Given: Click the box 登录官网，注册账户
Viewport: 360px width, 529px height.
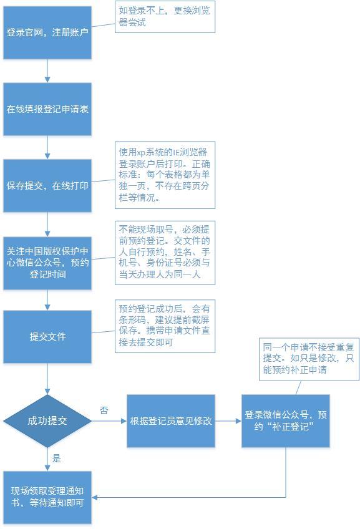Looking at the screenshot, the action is (x=47, y=32).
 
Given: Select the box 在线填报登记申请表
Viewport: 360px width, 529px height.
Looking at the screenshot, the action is (x=47, y=109).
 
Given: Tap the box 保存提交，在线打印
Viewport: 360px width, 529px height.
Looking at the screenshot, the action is (x=47, y=185).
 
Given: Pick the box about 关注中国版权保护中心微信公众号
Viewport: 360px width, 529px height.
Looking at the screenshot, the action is (x=47, y=263).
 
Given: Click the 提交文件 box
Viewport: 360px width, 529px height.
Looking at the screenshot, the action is (x=47, y=337).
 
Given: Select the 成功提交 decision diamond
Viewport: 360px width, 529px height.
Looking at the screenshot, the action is (x=47, y=421).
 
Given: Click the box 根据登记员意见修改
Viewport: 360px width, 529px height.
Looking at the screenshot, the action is (x=171, y=421).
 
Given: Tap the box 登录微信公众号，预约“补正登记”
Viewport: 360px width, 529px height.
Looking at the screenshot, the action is (x=285, y=421).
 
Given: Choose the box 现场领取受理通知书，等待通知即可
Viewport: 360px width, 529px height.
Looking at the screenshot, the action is (x=47, y=497).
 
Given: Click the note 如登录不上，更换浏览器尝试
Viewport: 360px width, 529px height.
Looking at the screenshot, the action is (x=165, y=17).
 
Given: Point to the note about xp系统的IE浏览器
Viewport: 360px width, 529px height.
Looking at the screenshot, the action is (x=165, y=175).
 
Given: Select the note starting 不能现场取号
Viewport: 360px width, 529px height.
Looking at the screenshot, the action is (x=165, y=253).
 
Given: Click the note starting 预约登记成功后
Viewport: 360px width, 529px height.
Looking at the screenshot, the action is (x=165, y=326).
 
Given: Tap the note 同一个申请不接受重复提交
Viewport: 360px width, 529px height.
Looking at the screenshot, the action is (x=309, y=359).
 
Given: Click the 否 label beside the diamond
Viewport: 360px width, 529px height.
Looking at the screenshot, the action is (x=104, y=410).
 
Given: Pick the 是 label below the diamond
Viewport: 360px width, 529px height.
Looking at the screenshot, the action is (x=56, y=458).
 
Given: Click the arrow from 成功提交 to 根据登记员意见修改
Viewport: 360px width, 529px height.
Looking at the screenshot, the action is (x=109, y=421).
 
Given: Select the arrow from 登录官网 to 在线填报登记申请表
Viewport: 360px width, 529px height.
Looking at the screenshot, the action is (x=47, y=71).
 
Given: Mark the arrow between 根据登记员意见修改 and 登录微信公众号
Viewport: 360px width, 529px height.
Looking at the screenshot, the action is (x=228, y=421).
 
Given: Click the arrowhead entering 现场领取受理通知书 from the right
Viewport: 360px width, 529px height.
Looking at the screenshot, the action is (x=94, y=497).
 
